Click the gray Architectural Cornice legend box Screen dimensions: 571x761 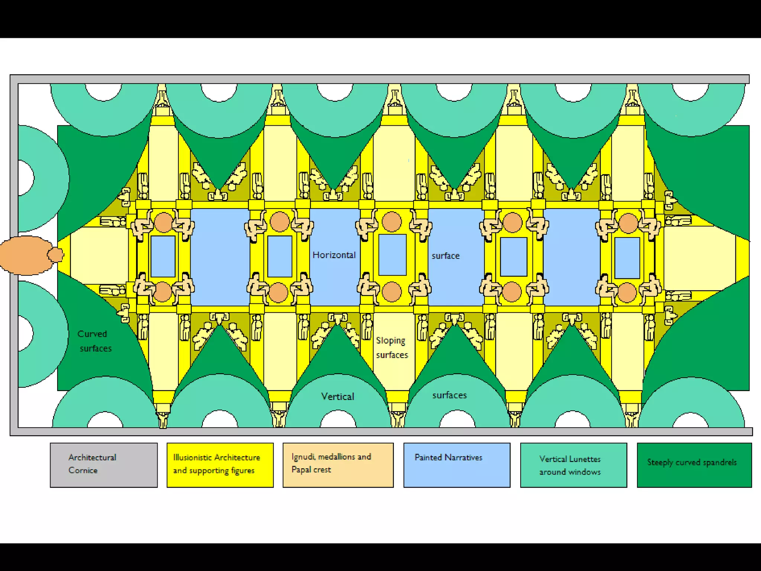pos(104,465)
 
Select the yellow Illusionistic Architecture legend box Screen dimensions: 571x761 pos(220,465)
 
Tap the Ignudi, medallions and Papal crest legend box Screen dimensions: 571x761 pos(338,465)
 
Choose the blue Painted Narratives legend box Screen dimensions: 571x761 pos(457,465)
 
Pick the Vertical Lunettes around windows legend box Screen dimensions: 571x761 pos(573,465)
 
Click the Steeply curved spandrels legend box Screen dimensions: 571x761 pos(694,465)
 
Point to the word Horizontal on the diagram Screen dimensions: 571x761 pos(334,255)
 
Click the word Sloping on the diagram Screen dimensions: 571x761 pos(391,341)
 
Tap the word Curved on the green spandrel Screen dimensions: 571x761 pos(92,334)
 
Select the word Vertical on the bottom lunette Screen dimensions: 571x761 pos(338,397)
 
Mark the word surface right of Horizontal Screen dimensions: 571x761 pos(446,256)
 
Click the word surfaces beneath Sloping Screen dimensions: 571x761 pos(392,355)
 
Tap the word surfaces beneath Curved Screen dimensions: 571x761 pos(95,348)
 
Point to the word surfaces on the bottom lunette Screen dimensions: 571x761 pos(450,395)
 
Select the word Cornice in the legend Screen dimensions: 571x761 pos(83,470)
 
